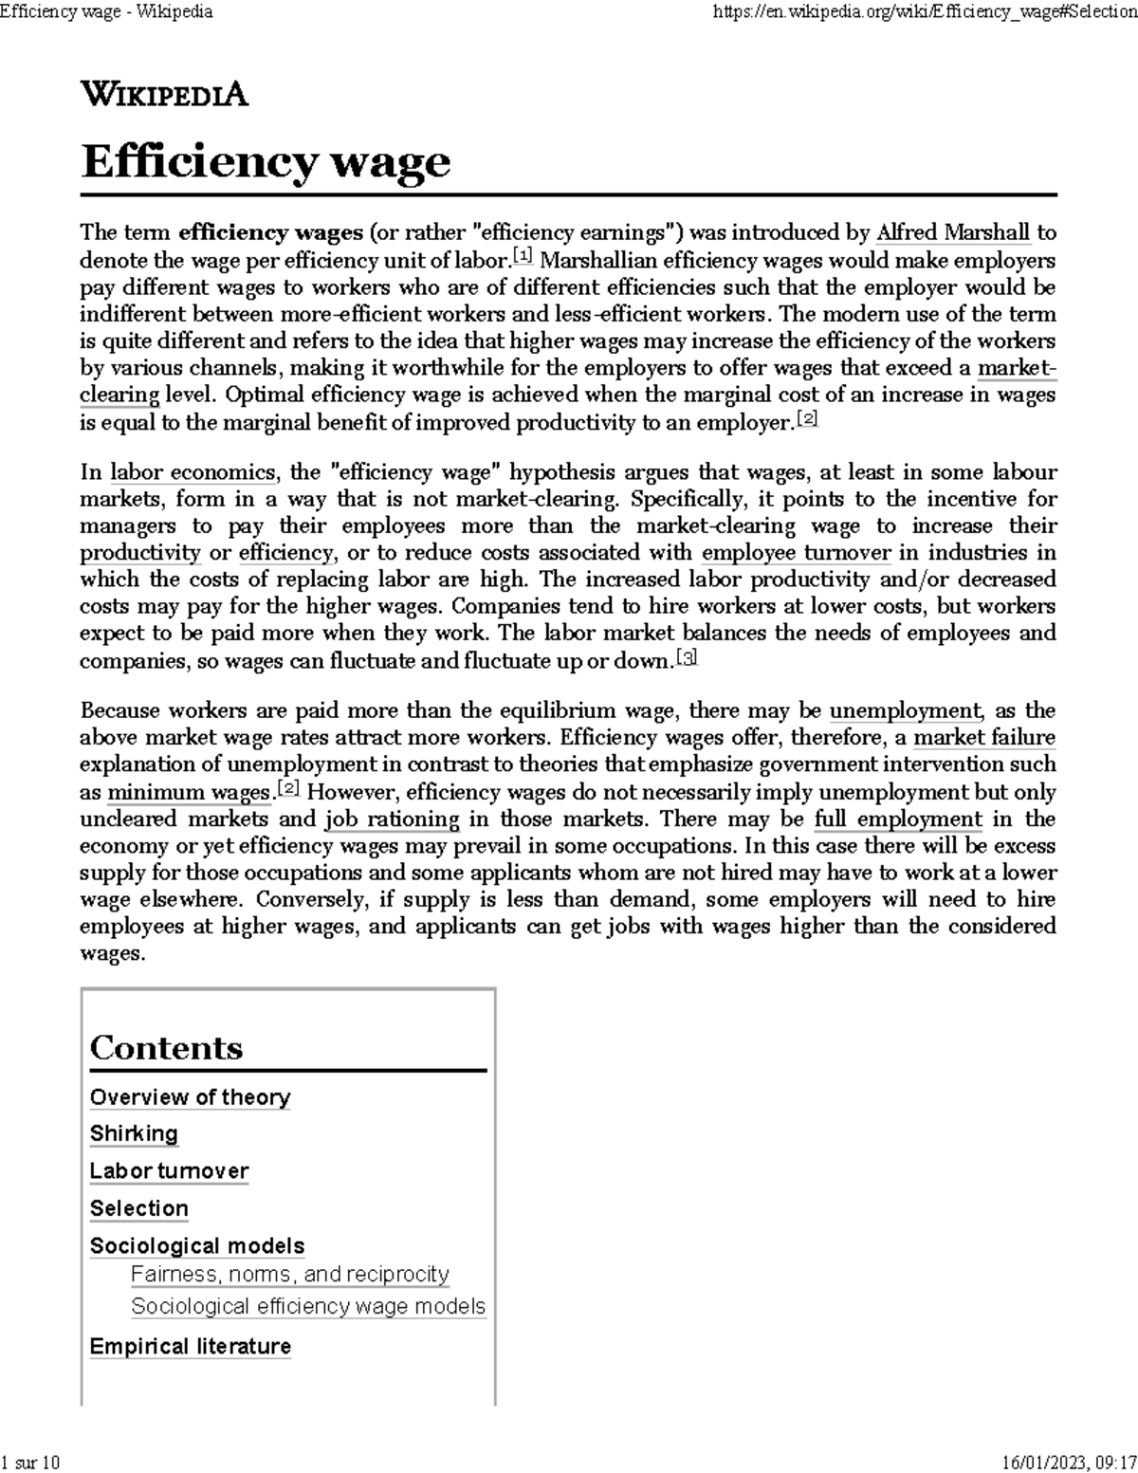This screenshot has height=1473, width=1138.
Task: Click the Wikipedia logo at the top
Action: [x=164, y=95]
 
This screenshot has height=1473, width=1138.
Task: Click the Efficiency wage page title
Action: [x=266, y=161]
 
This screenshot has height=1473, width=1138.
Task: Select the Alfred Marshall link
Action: [x=952, y=232]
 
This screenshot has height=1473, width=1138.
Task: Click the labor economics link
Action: [x=193, y=472]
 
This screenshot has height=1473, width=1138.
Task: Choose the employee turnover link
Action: [x=796, y=553]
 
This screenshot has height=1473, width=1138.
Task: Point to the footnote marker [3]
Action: [x=688, y=657]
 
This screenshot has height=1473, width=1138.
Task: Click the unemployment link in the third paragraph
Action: [x=905, y=710]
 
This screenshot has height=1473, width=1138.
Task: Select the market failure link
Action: [x=983, y=738]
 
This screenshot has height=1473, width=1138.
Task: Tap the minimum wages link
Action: [x=189, y=793]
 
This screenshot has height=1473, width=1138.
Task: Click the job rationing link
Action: [x=392, y=819]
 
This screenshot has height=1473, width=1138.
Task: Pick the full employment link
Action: [x=897, y=819]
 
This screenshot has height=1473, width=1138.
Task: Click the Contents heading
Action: [x=166, y=1048]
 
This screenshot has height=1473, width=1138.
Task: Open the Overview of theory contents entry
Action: [x=190, y=1097]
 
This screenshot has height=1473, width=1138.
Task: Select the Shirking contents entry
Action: [x=134, y=1134]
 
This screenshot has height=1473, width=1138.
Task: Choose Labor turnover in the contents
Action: [x=169, y=1171]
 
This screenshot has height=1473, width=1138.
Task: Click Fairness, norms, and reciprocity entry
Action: [x=289, y=1275]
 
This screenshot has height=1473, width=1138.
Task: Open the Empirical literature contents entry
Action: [x=190, y=1347]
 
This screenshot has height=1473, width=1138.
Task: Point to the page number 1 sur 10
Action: [x=31, y=1463]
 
